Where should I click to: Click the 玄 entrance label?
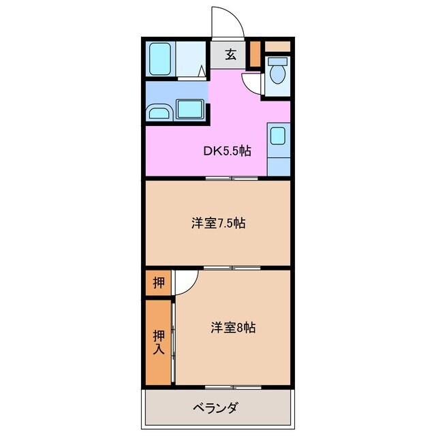[x=230, y=55]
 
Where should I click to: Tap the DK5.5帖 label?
[x=227, y=151]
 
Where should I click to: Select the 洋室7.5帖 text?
[x=218, y=223]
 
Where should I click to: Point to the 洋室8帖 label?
[x=232, y=328]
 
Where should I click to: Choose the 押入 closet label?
[x=158, y=342]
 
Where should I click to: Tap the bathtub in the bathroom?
[x=160, y=59]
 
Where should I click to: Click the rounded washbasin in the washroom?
[x=160, y=112]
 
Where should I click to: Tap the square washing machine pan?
[x=190, y=109]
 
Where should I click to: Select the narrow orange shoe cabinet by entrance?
[x=255, y=54]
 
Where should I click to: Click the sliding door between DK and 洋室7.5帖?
[x=232, y=178]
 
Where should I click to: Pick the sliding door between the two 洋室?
[x=232, y=268]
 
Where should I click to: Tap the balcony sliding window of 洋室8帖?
[x=232, y=388]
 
